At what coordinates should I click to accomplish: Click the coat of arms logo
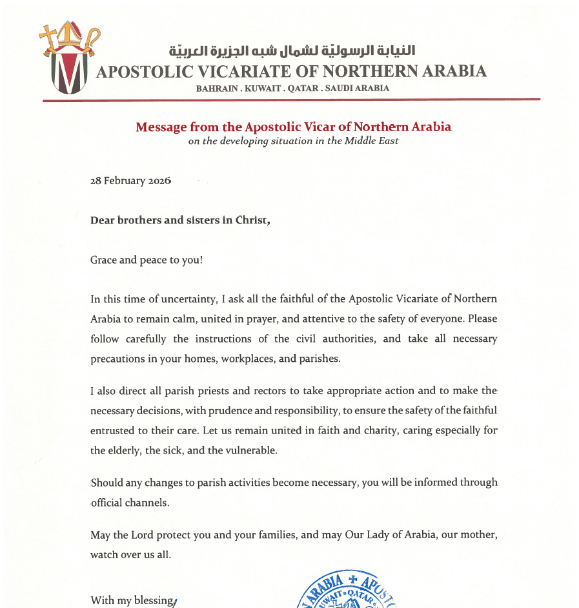pyautogui.click(x=70, y=61)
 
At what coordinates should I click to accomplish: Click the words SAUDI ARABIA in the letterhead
pyautogui.click(x=358, y=89)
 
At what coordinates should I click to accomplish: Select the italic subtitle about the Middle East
pyautogui.click(x=293, y=141)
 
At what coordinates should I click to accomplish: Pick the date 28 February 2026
pyautogui.click(x=130, y=181)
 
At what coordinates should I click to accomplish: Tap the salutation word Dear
pyautogui.click(x=103, y=220)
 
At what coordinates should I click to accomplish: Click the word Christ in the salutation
pyautogui.click(x=251, y=220)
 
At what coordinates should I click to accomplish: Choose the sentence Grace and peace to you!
pyautogui.click(x=147, y=260)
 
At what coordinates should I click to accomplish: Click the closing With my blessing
pyautogui.click(x=132, y=600)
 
